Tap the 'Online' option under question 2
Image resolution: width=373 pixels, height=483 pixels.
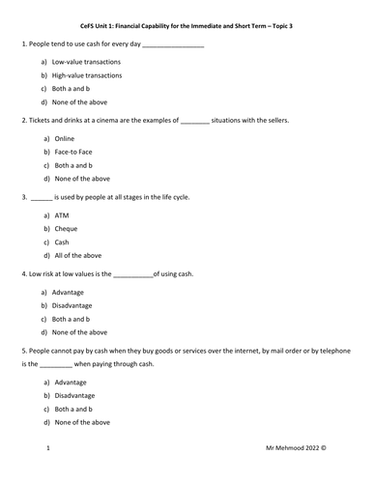[x=64, y=139]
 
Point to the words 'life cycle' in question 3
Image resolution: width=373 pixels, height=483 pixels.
[x=171, y=197]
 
